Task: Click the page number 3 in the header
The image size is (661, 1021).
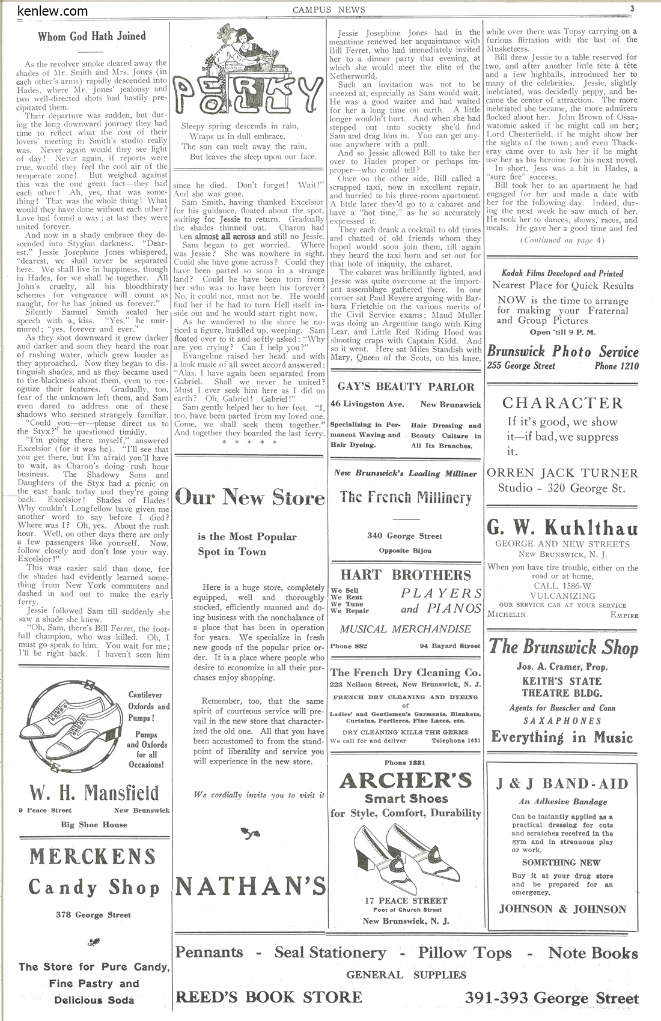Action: coord(633,8)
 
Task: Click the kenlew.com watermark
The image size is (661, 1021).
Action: coord(52,11)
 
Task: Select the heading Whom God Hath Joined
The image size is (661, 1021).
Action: coord(92,37)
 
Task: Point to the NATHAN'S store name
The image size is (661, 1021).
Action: coord(251,886)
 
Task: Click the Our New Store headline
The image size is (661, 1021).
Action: coord(250,497)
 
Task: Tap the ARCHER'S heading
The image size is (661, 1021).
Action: coord(406,780)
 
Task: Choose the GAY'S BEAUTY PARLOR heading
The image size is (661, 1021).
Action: coord(406,387)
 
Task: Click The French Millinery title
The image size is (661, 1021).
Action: coord(406,497)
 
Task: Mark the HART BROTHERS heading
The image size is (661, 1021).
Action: coord(406,575)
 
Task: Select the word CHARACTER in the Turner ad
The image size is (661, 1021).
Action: coord(562,403)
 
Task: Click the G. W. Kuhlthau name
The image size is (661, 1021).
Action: coord(562,529)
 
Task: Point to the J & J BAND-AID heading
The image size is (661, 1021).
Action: coord(562,784)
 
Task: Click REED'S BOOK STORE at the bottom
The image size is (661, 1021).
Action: coord(269,998)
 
